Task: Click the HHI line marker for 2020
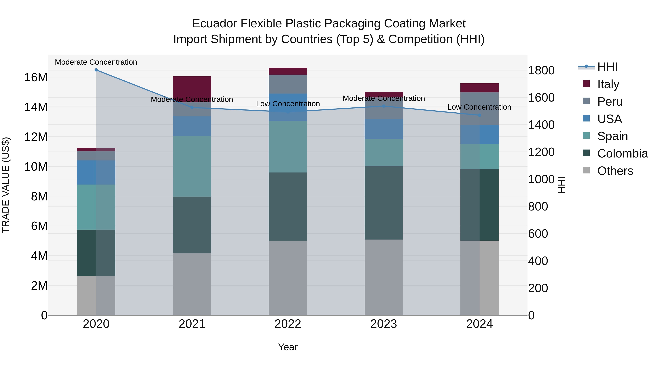(x=96, y=70)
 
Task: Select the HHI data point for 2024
(x=479, y=115)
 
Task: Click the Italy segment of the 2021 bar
(x=192, y=87)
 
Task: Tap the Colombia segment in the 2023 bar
(x=383, y=203)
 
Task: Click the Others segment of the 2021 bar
(x=192, y=284)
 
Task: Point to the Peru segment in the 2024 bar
(x=479, y=109)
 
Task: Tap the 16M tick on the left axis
(x=36, y=77)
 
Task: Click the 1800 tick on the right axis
(x=541, y=71)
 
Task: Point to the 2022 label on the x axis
(x=288, y=324)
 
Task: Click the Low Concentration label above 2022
(x=288, y=104)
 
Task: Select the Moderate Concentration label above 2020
(x=96, y=62)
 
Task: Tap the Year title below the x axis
(x=288, y=347)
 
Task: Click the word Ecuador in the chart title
(x=215, y=24)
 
